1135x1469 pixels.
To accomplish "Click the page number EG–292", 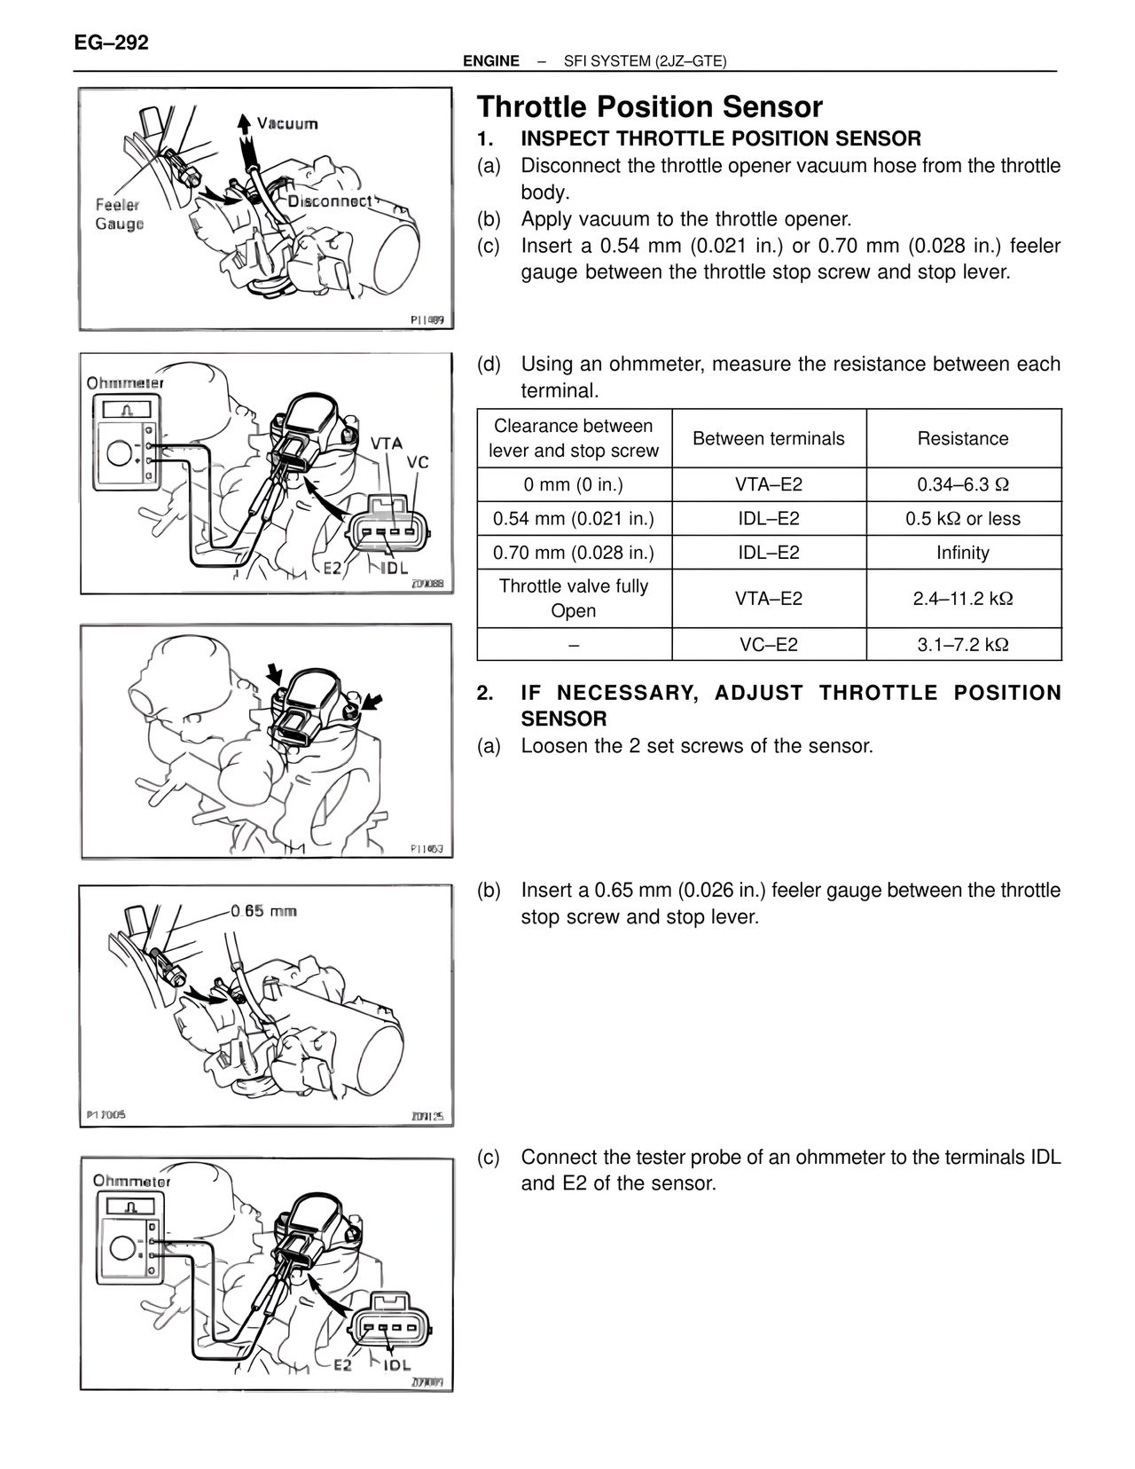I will point(112,43).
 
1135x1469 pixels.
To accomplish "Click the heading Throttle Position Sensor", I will point(650,107).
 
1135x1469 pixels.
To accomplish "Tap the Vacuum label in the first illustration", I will point(287,123).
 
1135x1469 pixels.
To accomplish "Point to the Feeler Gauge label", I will point(119,215).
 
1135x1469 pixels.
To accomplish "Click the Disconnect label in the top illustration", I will point(330,201).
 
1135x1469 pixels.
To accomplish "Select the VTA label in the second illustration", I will point(387,443).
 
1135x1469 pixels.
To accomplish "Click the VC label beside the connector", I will point(418,462).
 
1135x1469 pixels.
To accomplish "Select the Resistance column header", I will point(963,438).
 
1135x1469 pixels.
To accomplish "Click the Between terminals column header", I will point(768,438).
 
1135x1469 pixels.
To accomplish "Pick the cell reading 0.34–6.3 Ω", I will point(963,484).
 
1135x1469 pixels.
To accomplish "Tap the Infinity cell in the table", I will point(963,553).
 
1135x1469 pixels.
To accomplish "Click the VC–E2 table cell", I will point(768,645).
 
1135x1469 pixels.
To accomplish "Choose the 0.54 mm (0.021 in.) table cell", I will point(574,519).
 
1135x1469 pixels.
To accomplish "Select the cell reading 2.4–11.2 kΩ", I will point(963,599).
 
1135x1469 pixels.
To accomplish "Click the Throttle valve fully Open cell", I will point(574,599).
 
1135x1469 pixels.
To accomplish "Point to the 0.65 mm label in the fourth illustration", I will point(263,911).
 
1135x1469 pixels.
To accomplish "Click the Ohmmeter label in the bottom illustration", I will point(131,1181).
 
